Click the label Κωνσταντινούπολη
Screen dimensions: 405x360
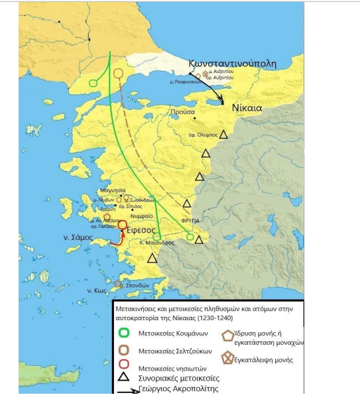[x=241, y=63]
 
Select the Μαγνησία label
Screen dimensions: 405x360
[x=111, y=190]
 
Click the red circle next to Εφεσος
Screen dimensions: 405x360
[x=123, y=225]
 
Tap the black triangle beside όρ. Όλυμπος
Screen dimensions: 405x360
[x=224, y=135]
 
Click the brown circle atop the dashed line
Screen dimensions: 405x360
[x=119, y=74]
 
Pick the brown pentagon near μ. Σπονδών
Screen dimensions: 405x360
[x=117, y=284]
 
